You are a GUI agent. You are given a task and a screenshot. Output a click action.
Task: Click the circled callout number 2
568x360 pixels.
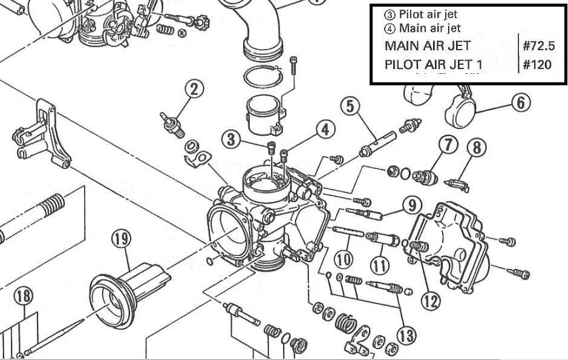194,90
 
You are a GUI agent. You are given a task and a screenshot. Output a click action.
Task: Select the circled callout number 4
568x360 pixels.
325,129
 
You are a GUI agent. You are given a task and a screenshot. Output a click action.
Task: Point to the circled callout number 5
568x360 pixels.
350,106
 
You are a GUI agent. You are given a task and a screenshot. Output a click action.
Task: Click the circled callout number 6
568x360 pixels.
521,102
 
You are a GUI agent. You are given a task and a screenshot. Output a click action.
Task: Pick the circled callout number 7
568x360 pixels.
448,145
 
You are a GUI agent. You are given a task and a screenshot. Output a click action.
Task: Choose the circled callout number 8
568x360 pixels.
477,146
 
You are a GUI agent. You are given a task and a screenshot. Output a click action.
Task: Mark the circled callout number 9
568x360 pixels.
413,206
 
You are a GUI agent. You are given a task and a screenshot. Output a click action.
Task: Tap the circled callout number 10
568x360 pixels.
344,260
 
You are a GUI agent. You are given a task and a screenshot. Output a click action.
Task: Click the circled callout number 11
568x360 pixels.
380,264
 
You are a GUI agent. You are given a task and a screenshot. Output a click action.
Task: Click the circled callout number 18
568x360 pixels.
24,296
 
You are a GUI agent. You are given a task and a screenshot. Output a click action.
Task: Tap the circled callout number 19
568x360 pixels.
120,240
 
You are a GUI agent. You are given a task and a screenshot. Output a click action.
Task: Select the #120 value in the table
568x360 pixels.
537,64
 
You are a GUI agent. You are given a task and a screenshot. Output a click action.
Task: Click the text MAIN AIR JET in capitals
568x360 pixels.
427,46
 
